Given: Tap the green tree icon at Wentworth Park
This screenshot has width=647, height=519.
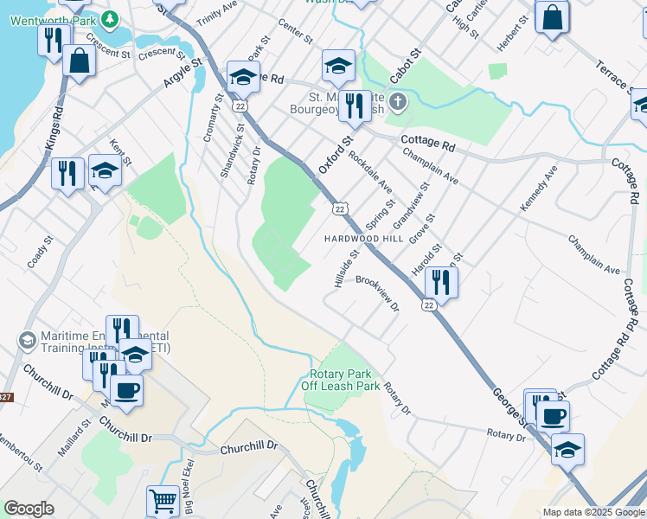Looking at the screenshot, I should coord(110,18).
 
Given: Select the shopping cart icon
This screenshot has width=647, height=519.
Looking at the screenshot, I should coord(163,501).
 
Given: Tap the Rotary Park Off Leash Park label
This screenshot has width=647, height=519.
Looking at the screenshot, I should coord(344,381).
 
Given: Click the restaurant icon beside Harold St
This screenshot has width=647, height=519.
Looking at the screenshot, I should coord(441,282).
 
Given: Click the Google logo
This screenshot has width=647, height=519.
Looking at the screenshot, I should coord(29,509).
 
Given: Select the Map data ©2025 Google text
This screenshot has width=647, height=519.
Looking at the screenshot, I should coord(593,512).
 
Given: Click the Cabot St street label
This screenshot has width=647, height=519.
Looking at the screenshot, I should coord(404,66).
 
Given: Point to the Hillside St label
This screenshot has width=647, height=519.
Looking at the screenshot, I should coord(347,269).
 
